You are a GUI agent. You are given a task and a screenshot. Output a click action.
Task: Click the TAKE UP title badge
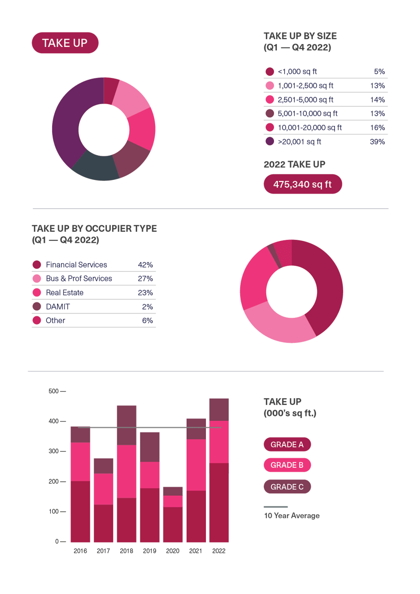(x=65, y=43)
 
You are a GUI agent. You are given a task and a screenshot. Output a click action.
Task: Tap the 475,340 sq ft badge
(x=303, y=184)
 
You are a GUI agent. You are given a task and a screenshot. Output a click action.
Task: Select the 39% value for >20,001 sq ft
(x=377, y=142)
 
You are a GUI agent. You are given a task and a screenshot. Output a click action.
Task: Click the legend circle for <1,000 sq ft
(x=270, y=72)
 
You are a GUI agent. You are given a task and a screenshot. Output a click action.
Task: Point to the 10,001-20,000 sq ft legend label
(x=310, y=128)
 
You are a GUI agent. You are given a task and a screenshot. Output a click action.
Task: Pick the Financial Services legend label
(x=76, y=265)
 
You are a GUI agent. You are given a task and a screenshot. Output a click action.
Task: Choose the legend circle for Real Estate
(x=37, y=293)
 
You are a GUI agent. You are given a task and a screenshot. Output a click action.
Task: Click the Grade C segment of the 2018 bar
(x=127, y=425)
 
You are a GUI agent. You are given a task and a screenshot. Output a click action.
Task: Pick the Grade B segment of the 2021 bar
(x=196, y=464)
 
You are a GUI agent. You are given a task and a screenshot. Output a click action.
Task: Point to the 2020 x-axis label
(x=173, y=550)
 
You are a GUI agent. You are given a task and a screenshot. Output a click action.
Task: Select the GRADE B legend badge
(x=287, y=465)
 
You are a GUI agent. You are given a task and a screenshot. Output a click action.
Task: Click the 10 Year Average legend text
(x=292, y=516)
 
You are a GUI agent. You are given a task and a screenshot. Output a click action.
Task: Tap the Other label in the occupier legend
(x=56, y=320)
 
